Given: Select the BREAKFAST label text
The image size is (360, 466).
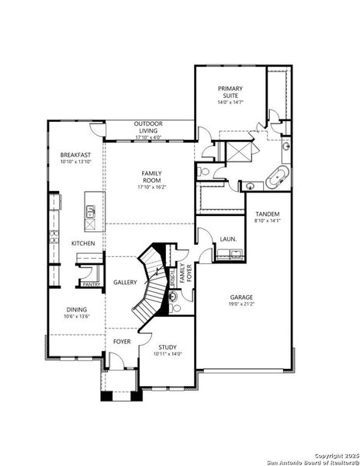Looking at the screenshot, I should (x=76, y=155).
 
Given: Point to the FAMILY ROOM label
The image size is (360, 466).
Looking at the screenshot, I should (x=151, y=176).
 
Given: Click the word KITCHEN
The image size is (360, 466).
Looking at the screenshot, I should (x=83, y=244).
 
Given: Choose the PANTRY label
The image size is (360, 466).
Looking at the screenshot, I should (x=90, y=284).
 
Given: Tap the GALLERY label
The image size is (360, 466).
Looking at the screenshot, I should (x=125, y=282).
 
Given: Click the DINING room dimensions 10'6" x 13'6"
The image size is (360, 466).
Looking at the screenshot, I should (x=77, y=317).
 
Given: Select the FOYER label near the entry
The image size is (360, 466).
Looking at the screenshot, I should (x=122, y=341).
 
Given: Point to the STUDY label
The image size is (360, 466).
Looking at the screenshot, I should (x=168, y=347).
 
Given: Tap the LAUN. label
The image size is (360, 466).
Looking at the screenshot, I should (x=228, y=239).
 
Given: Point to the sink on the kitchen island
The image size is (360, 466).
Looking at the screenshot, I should (x=91, y=210).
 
